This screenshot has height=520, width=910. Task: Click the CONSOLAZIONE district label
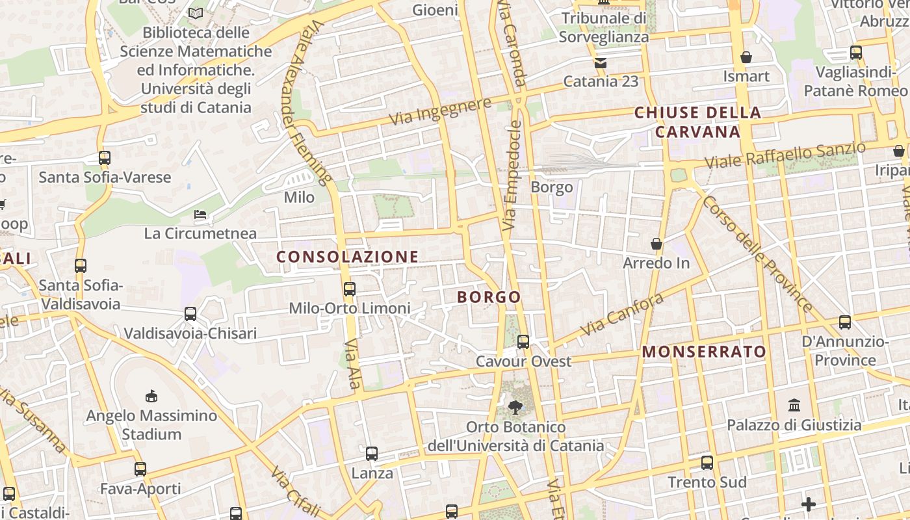348,257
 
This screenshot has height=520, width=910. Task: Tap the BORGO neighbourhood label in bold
489,297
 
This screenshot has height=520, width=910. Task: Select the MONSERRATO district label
705,352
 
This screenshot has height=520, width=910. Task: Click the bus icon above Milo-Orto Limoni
350,289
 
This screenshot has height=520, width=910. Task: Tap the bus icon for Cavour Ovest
523,342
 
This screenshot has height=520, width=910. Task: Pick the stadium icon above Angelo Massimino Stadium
151,396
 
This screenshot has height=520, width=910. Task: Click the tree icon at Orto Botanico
515,408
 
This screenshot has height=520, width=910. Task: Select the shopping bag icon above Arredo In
656,244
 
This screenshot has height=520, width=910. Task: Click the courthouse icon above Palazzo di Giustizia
794,406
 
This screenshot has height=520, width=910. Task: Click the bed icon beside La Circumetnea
201,214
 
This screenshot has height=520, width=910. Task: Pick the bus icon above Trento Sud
707,463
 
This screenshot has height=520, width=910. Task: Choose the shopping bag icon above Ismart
746,57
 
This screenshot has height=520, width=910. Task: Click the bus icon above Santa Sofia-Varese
105,157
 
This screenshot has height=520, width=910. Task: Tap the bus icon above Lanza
372,454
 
